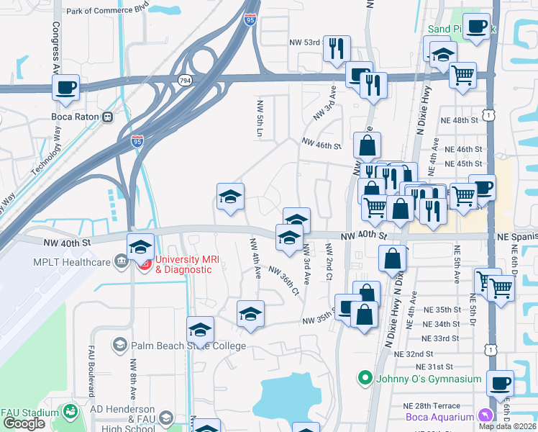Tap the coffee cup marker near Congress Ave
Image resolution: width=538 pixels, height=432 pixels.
(x=65, y=89)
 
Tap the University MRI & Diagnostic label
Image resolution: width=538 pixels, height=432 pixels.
(x=184, y=264)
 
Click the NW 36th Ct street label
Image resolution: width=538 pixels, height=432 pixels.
(x=283, y=280)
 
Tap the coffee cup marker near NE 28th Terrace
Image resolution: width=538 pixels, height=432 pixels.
(x=500, y=383)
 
